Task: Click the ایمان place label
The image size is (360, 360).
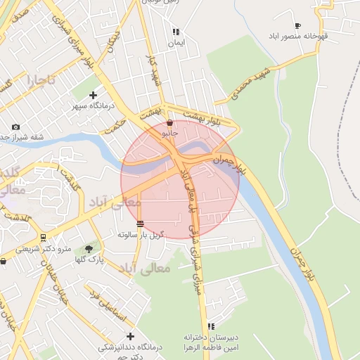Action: pos(176,43)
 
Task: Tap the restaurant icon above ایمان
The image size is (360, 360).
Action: pos(176,32)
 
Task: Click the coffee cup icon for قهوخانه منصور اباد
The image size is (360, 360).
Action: pos(298,25)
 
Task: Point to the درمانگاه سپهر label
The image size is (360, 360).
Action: pos(91,106)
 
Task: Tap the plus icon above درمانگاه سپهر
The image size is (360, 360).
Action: pos(92,95)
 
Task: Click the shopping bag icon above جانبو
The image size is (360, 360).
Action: pos(170,122)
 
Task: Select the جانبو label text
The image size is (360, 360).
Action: pos(170,132)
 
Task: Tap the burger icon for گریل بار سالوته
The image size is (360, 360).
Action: pos(141,224)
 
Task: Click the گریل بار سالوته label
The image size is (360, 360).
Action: pos(141,234)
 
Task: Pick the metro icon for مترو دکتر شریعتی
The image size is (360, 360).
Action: pos(44,238)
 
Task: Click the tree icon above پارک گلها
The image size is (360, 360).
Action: pos(89,248)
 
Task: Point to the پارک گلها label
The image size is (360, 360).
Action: pos(89,259)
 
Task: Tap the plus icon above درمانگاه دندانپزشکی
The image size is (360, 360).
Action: pos(129,336)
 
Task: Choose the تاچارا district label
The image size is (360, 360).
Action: pos(40,81)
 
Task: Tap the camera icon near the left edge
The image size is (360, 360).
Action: pos(15,127)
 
